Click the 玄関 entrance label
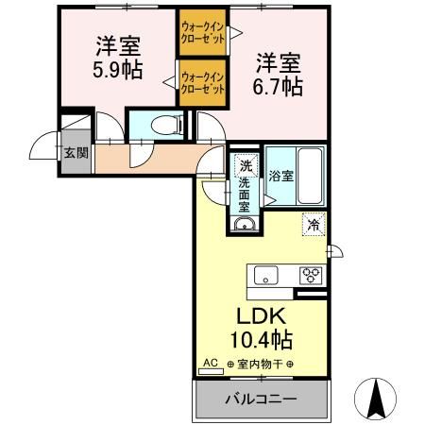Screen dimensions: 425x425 pyautogui.click(x=73, y=151)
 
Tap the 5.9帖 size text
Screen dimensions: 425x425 pyautogui.click(x=118, y=71)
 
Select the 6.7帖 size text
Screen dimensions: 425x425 pyautogui.click(x=280, y=86)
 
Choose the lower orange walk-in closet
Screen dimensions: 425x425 pyautogui.click(x=202, y=83)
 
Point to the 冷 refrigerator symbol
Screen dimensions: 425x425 pyautogui.click(x=314, y=225)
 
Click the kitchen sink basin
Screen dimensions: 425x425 pyautogui.click(x=265, y=276)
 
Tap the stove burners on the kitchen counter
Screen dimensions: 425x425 pyautogui.click(x=311, y=276)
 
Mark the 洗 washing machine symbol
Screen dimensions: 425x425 pyautogui.click(x=245, y=163)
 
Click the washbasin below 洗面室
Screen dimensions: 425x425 pyautogui.click(x=245, y=225)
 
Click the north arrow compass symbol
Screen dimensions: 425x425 pyautogui.click(x=375, y=396)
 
